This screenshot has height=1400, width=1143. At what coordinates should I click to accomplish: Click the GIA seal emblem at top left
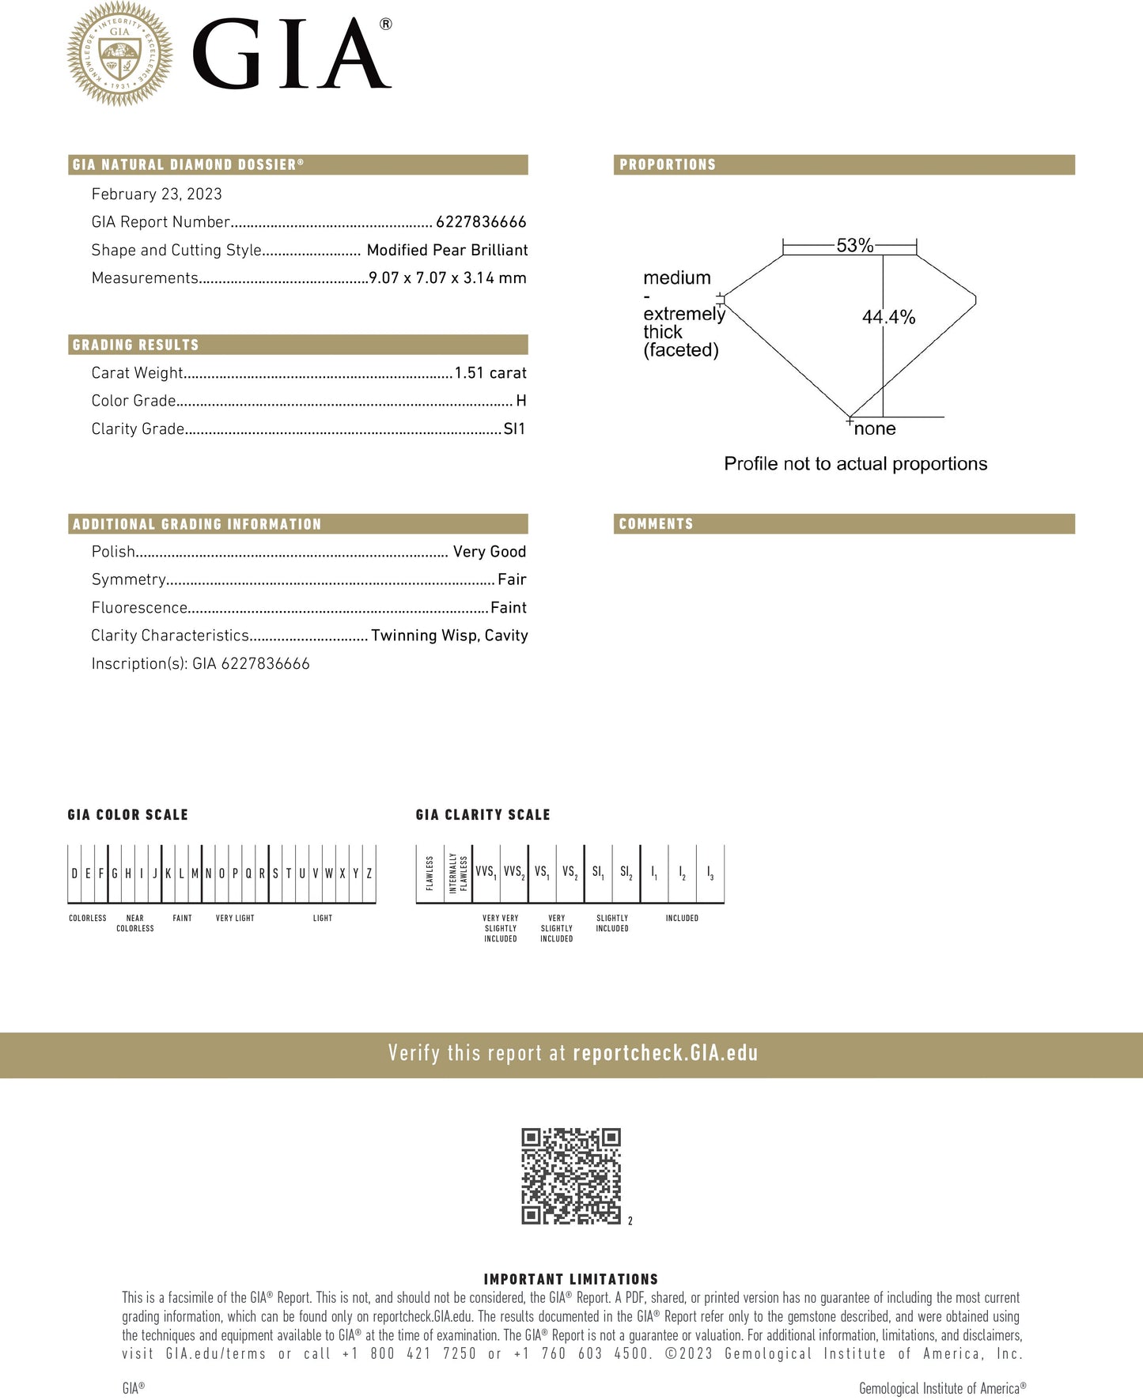[x=119, y=54]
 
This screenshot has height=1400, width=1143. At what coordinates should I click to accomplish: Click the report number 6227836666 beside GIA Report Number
[x=481, y=222]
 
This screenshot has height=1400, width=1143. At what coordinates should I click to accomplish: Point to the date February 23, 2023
[x=157, y=194]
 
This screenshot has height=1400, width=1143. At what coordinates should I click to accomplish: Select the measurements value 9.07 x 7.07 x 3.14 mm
[x=448, y=278]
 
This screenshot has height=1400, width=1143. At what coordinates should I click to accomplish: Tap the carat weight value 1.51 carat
[x=490, y=373]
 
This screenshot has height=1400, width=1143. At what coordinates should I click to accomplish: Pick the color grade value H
[x=520, y=401]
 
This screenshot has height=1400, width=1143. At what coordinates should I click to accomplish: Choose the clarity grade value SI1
[x=514, y=429]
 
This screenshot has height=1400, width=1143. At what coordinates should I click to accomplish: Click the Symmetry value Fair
[x=512, y=579]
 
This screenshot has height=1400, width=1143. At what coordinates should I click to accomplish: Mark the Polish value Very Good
[x=490, y=552]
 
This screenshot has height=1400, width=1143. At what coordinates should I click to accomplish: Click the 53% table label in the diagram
[x=855, y=246]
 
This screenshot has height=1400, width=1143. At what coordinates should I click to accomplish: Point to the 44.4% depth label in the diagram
[x=888, y=318]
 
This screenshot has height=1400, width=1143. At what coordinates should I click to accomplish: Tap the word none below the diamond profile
[x=875, y=429]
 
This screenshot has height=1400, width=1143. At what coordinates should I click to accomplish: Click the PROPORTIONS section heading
[x=668, y=164]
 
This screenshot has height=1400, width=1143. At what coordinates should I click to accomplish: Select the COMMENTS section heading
[x=656, y=524]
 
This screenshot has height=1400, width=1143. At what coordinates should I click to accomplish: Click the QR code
[x=570, y=1176]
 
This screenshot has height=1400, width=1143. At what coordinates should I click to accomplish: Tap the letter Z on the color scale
[x=369, y=874]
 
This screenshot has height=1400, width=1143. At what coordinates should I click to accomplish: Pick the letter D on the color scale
[x=74, y=874]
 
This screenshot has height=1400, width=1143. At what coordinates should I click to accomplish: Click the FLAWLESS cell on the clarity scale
[x=430, y=874]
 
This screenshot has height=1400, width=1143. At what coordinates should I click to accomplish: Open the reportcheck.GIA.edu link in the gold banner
[x=665, y=1054]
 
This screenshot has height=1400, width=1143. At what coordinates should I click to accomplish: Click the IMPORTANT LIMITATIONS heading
[x=570, y=1279]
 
